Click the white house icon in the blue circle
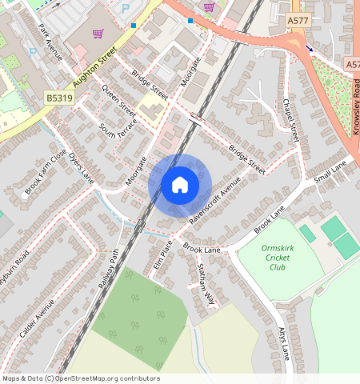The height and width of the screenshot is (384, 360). pos(180,186)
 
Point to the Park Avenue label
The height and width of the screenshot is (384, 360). pos(50,42)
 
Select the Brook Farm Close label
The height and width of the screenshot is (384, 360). pos(46,171)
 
